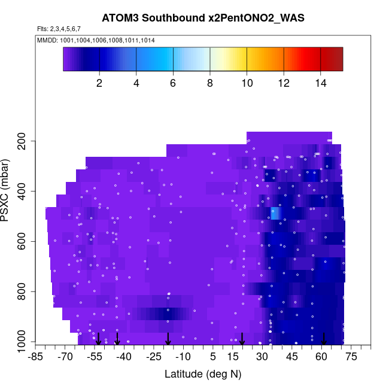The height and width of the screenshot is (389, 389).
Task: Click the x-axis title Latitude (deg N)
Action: pyautogui.click(x=203, y=374)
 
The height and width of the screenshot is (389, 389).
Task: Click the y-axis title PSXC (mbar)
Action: pyautogui.click(x=8, y=190)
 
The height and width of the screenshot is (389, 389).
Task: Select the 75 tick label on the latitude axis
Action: pyautogui.click(x=351, y=357)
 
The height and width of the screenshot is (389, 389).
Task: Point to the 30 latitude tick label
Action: pyautogui.click(x=262, y=357)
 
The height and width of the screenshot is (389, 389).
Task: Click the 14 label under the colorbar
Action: pyautogui.click(x=321, y=83)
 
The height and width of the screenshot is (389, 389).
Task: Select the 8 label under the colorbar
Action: pyautogui.click(x=210, y=83)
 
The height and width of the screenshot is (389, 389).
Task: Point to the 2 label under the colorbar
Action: pyautogui.click(x=99, y=83)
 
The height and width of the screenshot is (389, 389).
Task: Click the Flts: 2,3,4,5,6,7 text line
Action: pyautogui.click(x=59, y=29)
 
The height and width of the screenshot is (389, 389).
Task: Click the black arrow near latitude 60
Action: pyautogui.click(x=324, y=339)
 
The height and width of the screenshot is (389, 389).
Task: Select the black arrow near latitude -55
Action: pyautogui.click(x=99, y=339)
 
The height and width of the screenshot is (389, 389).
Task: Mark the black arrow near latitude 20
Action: pyautogui.click(x=242, y=339)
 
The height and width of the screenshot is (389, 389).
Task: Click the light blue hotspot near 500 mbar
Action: pyautogui.click(x=275, y=214)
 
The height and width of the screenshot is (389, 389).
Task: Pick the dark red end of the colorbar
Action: pyautogui.click(x=335, y=59)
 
